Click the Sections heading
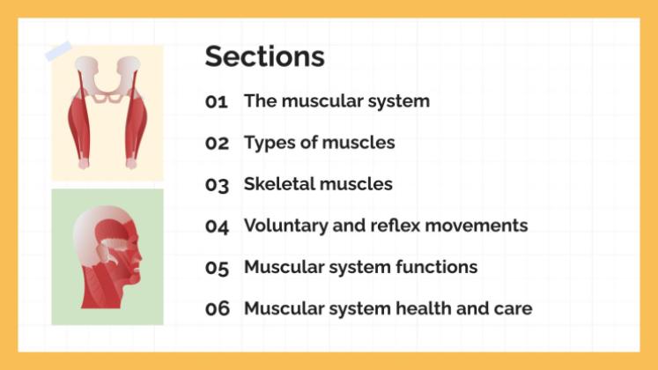tap(264, 56)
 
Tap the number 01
tap(217, 101)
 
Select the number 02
tap(217, 143)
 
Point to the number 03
tap(217, 185)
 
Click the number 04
tap(217, 226)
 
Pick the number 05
tap(217, 268)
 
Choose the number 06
tap(217, 309)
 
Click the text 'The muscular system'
tap(336, 101)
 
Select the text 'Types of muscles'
tap(319, 143)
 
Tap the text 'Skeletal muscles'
tap(318, 184)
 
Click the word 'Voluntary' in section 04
tap(285, 226)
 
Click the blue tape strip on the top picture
tap(59, 51)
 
